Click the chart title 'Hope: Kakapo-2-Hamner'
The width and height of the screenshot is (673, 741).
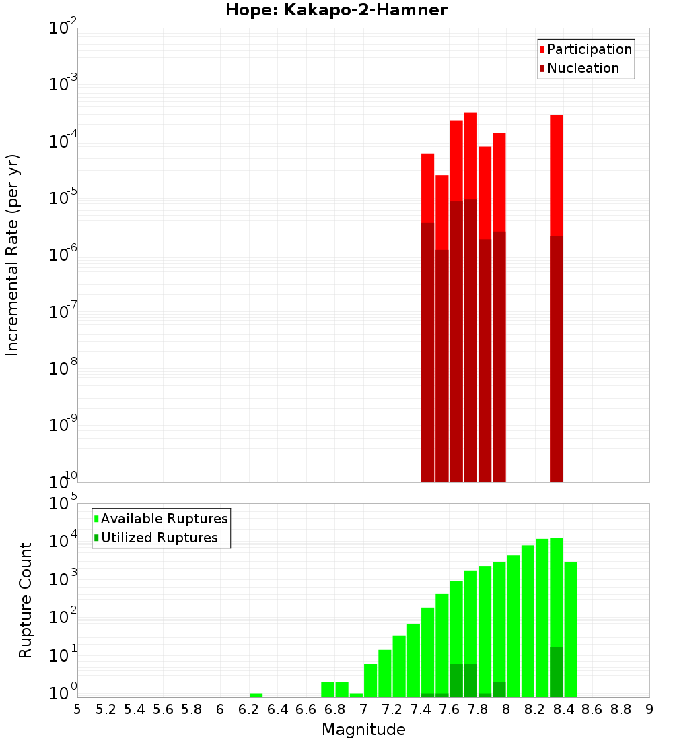[x=336, y=10]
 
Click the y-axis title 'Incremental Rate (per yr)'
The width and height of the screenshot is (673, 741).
[x=13, y=255]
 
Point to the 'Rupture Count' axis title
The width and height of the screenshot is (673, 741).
[x=26, y=600]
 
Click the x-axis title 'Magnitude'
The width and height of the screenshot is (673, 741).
[x=363, y=730]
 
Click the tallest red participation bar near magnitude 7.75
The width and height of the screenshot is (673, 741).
[x=470, y=155]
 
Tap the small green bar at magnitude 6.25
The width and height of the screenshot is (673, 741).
[x=256, y=695]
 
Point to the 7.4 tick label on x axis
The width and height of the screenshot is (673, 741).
[x=421, y=709]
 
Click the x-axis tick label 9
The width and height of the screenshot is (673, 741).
[x=649, y=709]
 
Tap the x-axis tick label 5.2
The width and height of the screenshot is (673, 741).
[x=106, y=709]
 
